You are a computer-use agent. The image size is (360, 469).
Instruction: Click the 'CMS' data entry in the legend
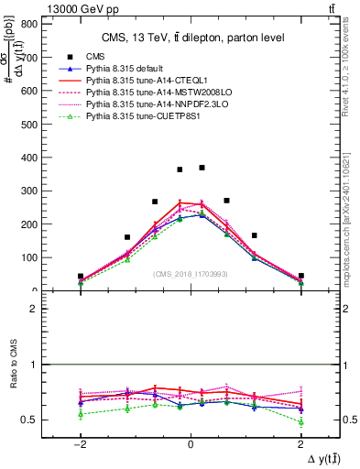click(95, 57)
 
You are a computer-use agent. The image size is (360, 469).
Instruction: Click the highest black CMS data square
click(202, 168)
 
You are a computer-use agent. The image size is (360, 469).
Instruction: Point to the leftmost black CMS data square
click(81, 276)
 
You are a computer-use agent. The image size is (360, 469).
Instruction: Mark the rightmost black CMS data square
click(300, 276)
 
